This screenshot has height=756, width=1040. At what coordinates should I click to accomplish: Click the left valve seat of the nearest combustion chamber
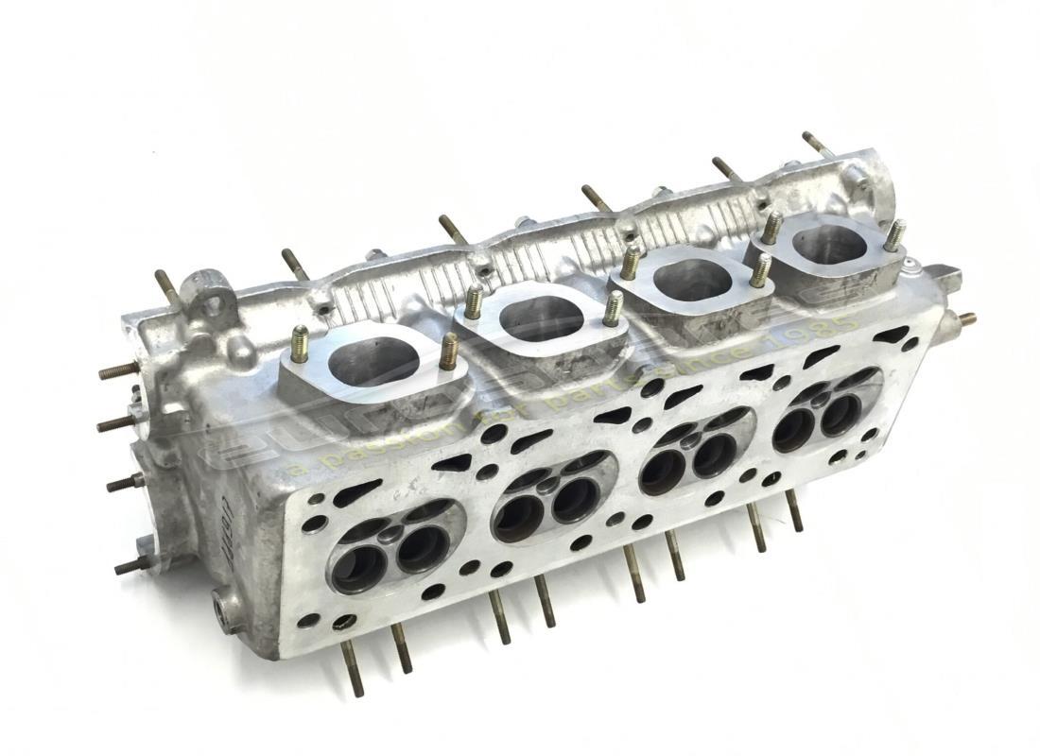358,568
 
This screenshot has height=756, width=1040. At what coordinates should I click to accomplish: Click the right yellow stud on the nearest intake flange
449,352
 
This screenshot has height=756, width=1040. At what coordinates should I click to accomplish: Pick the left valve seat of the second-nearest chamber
514,514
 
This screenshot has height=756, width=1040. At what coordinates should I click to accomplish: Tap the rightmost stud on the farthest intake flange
893,235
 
